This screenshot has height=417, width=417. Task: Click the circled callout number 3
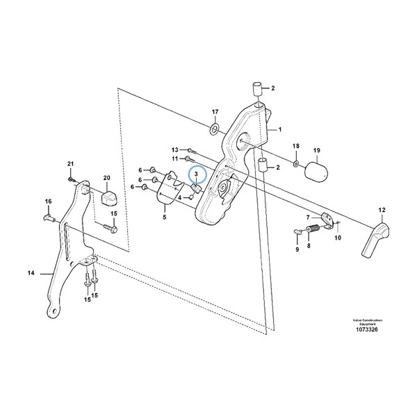[x=196, y=173]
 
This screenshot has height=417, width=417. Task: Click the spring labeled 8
[x=312, y=227]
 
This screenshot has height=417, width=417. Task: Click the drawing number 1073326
[x=364, y=329]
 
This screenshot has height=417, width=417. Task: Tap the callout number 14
[x=31, y=273]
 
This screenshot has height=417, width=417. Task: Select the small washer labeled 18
[x=296, y=164]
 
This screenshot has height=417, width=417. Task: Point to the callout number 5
[x=164, y=218]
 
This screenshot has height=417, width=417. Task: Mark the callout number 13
[x=175, y=149]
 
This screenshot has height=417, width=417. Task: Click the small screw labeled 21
[x=72, y=179]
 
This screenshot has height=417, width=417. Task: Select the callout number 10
[x=338, y=238]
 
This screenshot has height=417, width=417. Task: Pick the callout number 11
[x=175, y=159]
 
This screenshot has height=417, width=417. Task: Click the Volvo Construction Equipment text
[x=364, y=321]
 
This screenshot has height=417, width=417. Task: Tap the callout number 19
[x=316, y=150]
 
